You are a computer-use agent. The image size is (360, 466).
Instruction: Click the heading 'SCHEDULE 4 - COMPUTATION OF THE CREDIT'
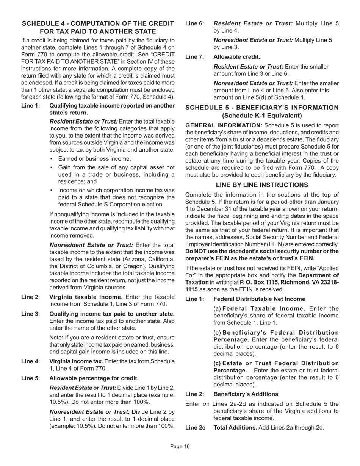pos(98,23)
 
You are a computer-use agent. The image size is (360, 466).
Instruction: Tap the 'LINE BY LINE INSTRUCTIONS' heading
pos(262,185)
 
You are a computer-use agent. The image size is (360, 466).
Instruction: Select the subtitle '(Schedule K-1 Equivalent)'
pos(262,116)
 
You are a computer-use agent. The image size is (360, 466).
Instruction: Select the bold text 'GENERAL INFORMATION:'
pos(224,125)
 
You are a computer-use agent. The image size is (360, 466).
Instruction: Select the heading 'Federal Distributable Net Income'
pos(259,299)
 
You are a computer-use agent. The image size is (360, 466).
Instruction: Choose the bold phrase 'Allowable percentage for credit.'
pos(94,378)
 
